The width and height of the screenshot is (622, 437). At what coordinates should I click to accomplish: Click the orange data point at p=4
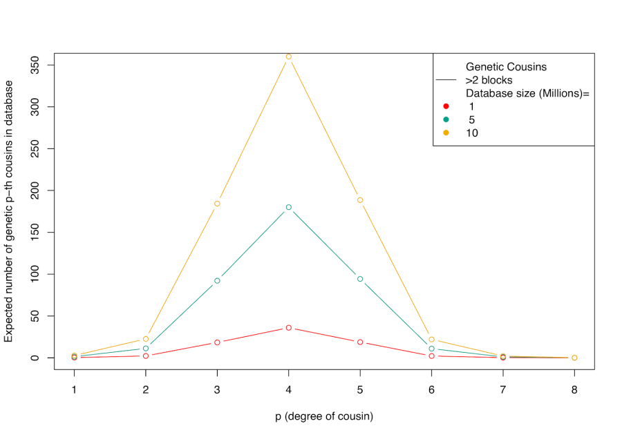coord(289,57)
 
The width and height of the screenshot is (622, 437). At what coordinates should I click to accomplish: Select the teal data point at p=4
coord(289,207)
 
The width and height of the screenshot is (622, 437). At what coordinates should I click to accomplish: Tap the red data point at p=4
coord(289,328)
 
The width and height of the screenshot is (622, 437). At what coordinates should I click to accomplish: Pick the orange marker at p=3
coord(217,204)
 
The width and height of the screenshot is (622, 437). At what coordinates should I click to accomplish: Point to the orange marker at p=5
coord(360,200)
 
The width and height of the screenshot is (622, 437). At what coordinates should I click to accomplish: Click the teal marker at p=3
coord(217,280)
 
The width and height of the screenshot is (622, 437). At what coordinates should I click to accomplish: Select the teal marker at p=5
coord(360,279)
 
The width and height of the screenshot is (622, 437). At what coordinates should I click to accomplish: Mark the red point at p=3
coord(217,342)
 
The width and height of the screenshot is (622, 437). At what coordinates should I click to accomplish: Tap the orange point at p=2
coord(146,339)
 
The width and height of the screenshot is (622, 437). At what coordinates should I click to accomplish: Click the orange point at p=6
coord(431,340)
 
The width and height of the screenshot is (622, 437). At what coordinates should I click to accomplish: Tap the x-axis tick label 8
coord(574,389)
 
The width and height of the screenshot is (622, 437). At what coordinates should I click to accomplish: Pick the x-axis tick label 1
coord(74,389)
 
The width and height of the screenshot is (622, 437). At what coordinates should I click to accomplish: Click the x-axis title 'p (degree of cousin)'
coord(323,416)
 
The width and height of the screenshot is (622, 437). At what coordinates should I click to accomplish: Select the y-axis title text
coord(9,211)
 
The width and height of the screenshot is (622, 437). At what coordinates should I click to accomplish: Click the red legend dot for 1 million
coord(446,106)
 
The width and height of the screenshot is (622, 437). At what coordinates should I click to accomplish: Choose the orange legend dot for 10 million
coord(446,133)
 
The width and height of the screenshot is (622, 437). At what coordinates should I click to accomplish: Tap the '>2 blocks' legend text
coord(489,80)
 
